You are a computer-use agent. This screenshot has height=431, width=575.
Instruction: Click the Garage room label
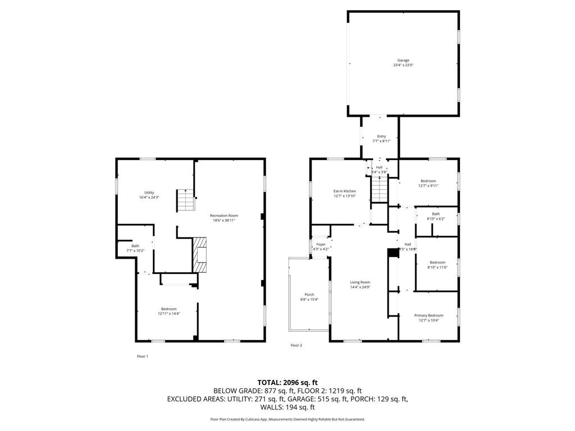click(403, 60)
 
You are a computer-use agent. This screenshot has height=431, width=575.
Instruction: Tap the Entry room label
click(381, 136)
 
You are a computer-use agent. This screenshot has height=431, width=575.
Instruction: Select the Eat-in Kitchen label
click(345, 191)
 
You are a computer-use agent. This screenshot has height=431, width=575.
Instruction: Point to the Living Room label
click(360, 282)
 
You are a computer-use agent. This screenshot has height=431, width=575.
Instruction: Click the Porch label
click(309, 295)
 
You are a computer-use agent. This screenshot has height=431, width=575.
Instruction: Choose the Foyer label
click(321, 245)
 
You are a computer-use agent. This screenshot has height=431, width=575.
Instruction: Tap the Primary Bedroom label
click(428, 315)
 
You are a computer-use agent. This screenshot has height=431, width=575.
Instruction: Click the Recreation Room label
click(223, 215)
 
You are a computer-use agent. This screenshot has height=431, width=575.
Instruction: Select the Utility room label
click(149, 192)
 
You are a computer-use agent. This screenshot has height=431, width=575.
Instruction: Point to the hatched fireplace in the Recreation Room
click(200, 254)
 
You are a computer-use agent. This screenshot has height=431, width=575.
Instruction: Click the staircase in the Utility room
click(185, 200)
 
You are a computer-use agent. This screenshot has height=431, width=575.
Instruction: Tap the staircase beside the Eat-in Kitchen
click(380, 189)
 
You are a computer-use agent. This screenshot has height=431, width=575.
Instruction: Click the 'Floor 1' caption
click(143, 356)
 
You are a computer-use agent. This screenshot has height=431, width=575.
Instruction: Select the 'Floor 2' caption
click(296, 345)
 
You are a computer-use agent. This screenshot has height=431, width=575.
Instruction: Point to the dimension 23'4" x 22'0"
click(403, 65)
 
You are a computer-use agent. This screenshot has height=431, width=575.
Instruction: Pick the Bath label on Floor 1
click(135, 246)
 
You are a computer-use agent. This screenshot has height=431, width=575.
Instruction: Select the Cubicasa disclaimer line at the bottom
click(287, 419)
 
